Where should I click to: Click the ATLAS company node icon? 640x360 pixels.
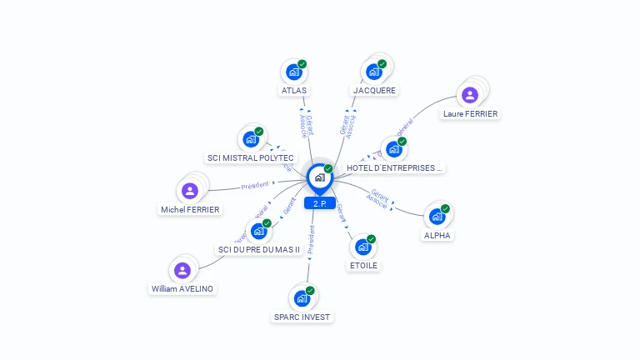click(x=292, y=72)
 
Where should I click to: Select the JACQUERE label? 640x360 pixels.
click(x=374, y=90)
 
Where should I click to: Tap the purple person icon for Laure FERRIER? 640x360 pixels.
click(x=469, y=95)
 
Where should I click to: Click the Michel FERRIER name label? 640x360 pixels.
click(x=190, y=210)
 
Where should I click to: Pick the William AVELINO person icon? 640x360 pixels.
click(x=182, y=270)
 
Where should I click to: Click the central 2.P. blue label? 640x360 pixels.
click(x=319, y=203)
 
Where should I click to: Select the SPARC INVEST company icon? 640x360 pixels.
click(x=301, y=298)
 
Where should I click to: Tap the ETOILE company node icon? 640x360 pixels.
click(x=362, y=247)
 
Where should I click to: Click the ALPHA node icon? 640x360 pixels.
click(x=436, y=217)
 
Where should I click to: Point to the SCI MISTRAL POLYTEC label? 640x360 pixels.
click(x=250, y=157)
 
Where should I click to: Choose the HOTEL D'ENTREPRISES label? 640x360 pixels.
click(x=394, y=167)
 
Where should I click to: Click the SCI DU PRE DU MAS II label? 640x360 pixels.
click(x=258, y=249)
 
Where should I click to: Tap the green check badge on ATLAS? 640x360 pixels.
click(x=302, y=63)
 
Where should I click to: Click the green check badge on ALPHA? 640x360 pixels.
click(x=445, y=208)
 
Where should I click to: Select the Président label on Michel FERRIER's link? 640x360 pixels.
click(x=254, y=185)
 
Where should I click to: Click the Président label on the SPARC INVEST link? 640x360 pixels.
click(x=311, y=239)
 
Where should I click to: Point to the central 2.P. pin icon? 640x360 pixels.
click(x=319, y=177)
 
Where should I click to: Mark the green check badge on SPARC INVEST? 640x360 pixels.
click(x=310, y=290)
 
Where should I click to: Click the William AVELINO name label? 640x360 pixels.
click(x=182, y=288)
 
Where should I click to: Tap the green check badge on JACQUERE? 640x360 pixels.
click(x=382, y=63)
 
